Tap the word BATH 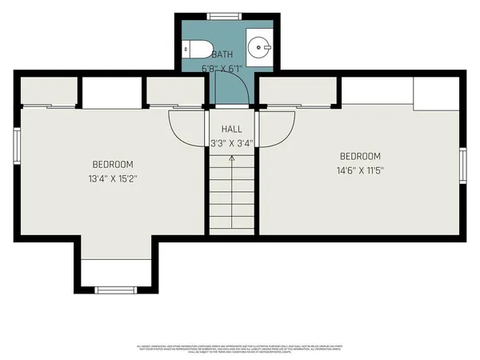[x=222, y=54]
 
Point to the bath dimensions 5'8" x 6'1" [x=222, y=69]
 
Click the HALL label [x=231, y=129]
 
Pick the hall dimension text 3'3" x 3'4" [x=231, y=144]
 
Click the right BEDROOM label [x=360, y=157]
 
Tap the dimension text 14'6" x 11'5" [x=360, y=170]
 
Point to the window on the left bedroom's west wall [x=16, y=146]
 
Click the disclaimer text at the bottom [x=240, y=349]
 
